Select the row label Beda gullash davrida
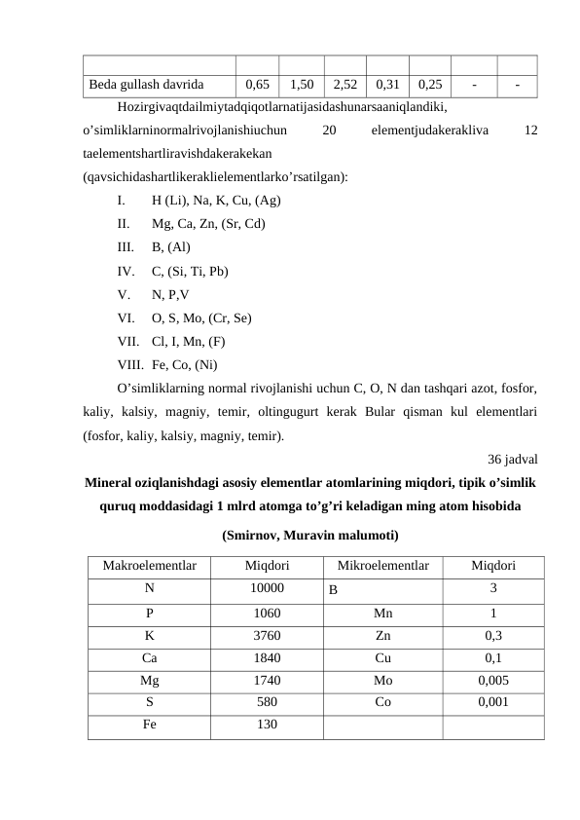point(146,85)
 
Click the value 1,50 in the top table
point(301,85)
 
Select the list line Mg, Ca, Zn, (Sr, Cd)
point(211,223)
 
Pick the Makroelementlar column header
point(149,566)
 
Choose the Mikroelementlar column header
point(381,566)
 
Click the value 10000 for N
point(265,588)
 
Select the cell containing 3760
point(265,634)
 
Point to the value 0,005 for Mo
point(493,679)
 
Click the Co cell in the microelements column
point(381,701)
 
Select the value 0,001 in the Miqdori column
point(493,701)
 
